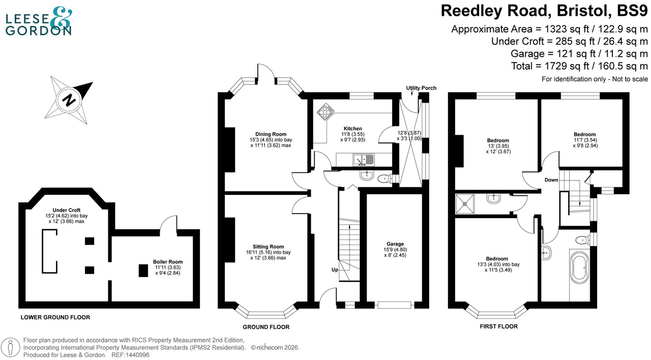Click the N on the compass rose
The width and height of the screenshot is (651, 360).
pyautogui.click(x=68, y=100)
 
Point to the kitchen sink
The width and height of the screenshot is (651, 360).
pyautogui.click(x=364, y=160)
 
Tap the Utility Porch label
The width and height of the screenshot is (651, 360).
pyautogui.click(x=421, y=88)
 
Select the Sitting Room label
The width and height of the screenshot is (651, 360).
pyautogui.click(x=269, y=247)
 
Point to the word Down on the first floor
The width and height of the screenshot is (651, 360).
pyautogui.click(x=551, y=180)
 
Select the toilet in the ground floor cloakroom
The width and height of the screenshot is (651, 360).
pyautogui.click(x=384, y=178)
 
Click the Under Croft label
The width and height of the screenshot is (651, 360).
pyautogui.click(x=67, y=210)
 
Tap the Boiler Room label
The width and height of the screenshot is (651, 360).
pyautogui.click(x=167, y=262)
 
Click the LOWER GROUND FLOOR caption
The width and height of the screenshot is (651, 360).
pyautogui.click(x=55, y=317)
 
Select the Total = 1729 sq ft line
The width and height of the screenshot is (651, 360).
pyautogui.click(x=579, y=66)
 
